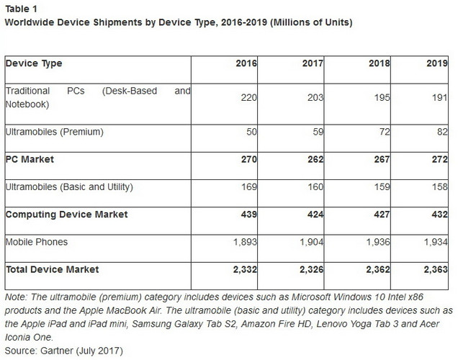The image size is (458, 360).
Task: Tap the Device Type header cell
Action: coord(34,63)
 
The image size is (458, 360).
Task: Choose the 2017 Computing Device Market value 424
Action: coord(315,215)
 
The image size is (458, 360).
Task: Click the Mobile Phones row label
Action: coord(36,242)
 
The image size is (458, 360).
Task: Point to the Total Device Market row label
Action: coord(52,269)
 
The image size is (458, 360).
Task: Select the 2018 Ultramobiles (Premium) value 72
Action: coord(382,132)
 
